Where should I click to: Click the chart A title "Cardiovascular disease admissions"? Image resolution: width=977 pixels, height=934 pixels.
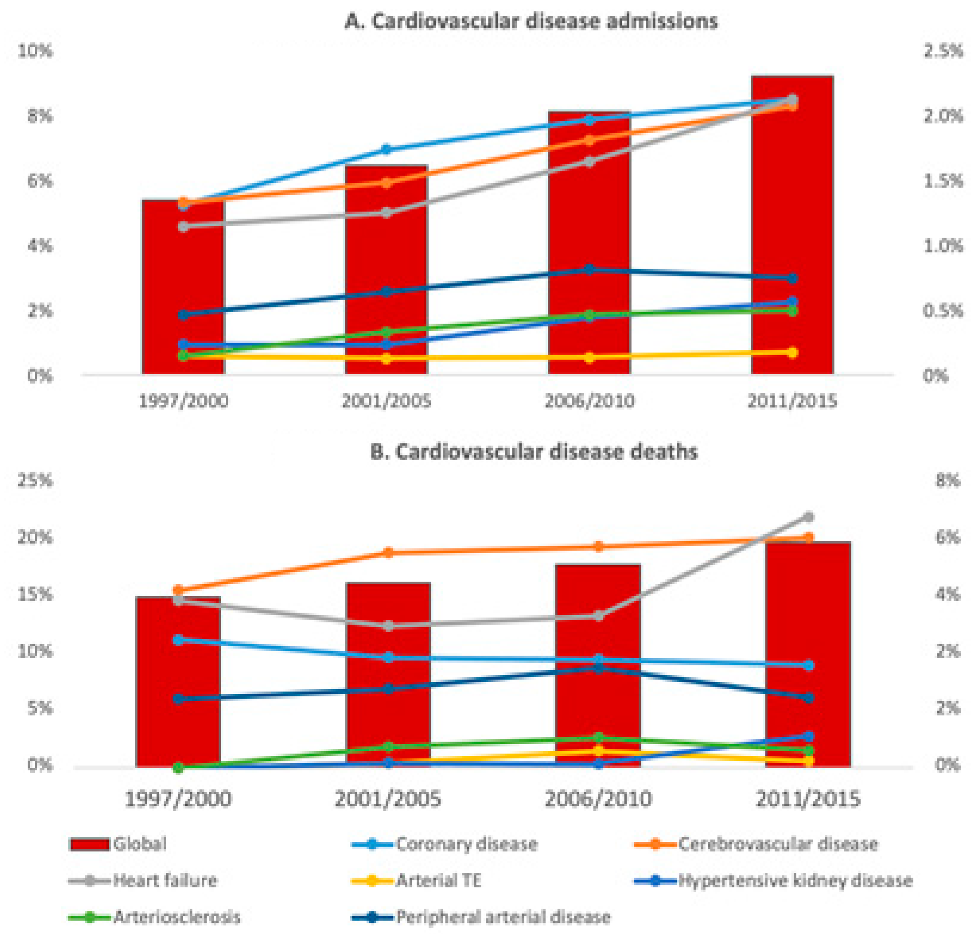point(531,21)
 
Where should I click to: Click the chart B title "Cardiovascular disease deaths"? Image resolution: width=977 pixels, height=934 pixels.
point(533,451)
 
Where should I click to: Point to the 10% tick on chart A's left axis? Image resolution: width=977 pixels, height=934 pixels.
point(35,51)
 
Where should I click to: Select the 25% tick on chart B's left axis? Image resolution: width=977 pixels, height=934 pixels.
point(35,481)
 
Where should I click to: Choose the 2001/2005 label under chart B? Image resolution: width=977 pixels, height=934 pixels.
point(388,799)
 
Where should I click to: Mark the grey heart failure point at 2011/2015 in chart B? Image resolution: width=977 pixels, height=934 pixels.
point(808,517)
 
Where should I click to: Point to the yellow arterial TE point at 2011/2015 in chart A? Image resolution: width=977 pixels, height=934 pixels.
point(792,353)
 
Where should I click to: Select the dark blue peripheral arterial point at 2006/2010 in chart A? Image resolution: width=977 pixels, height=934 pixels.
point(589,269)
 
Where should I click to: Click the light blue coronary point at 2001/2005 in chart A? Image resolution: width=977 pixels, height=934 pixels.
point(386,149)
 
